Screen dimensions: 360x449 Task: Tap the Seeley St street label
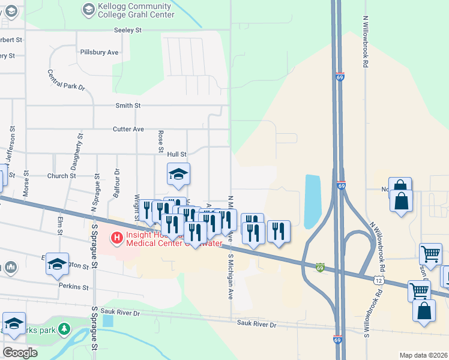(128, 29)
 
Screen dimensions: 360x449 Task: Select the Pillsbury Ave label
(99, 52)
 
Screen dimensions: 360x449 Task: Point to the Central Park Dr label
(66, 79)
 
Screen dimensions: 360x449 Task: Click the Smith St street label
(128, 106)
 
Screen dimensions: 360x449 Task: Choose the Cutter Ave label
(128, 129)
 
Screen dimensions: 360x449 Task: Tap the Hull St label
(177, 154)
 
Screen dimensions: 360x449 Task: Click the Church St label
(62, 176)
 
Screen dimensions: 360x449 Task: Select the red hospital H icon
(117, 239)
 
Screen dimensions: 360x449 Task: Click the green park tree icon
(70, 329)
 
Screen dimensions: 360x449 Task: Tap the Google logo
(20, 353)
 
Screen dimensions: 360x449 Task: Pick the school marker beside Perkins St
(57, 265)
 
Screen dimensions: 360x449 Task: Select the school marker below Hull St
(178, 174)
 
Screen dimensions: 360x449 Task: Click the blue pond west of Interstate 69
(312, 202)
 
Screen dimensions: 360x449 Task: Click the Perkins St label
(74, 287)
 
